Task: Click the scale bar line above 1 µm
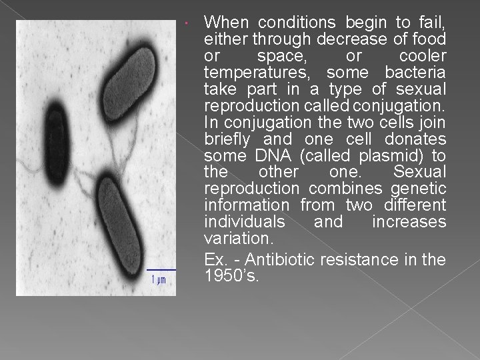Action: click(161, 269)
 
